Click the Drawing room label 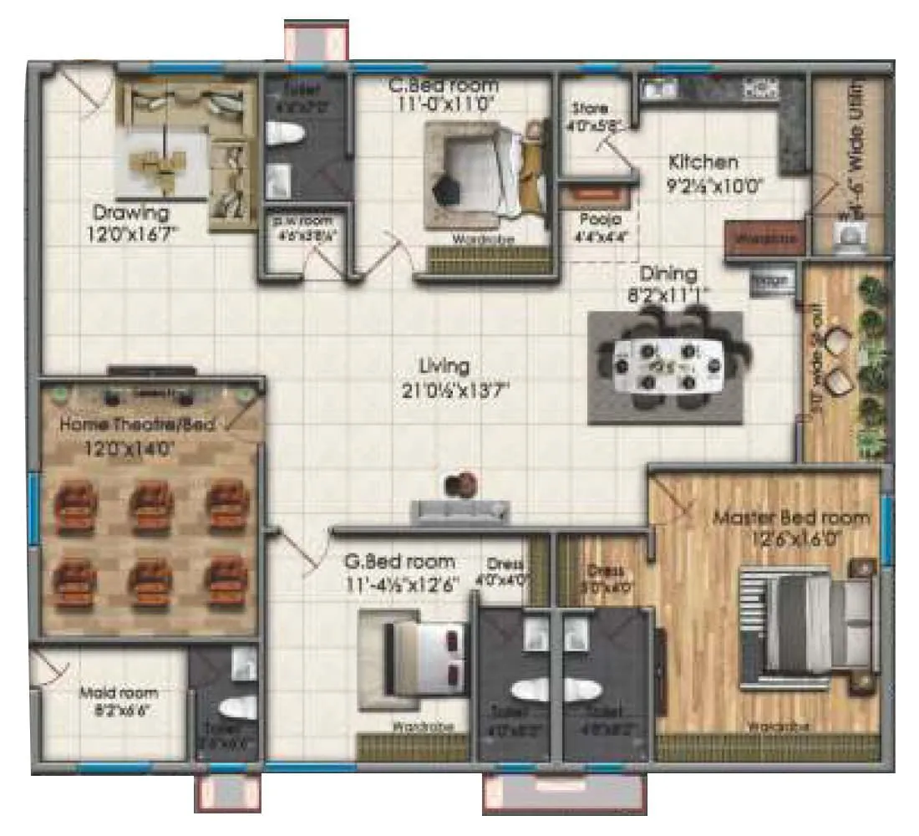(130, 212)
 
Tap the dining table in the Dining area (664, 365)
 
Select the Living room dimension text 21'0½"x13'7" (455, 388)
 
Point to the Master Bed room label (790, 517)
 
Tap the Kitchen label (703, 162)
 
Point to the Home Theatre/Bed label (137, 425)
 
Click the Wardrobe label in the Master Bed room (769, 726)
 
